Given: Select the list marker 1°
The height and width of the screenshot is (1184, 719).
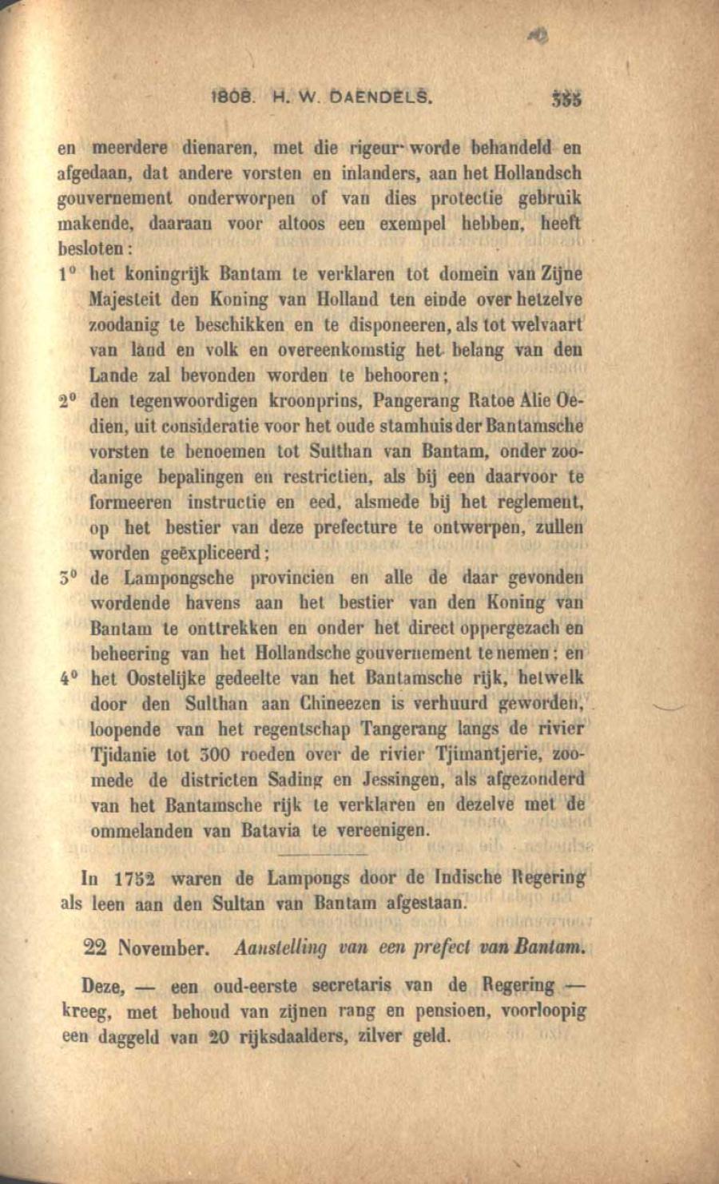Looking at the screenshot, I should click(x=68, y=274).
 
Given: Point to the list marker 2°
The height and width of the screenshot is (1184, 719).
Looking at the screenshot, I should click(x=68, y=400).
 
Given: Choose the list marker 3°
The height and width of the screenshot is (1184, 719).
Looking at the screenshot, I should click(x=68, y=578).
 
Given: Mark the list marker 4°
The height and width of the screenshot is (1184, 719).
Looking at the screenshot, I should click(x=68, y=679).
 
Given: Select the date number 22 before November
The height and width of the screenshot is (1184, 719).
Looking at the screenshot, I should click(x=96, y=948).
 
